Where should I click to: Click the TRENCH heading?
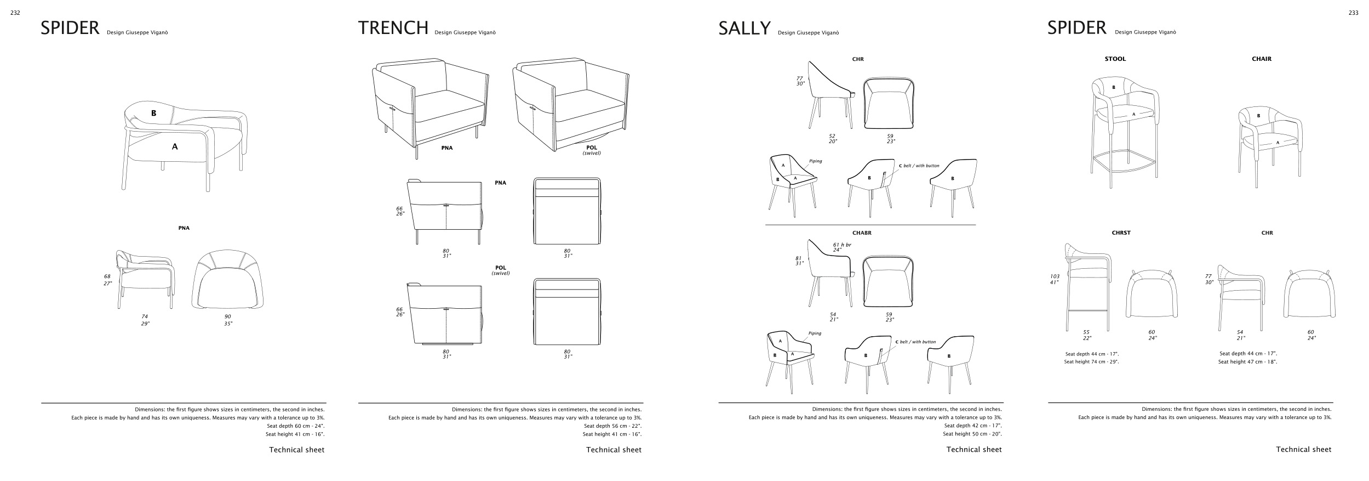click(x=393, y=27)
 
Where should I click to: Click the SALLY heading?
click(x=744, y=29)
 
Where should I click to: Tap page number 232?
click(x=15, y=13)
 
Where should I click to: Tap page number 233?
click(x=1353, y=13)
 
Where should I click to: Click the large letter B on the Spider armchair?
click(x=154, y=114)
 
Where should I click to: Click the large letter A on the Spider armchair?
click(x=175, y=146)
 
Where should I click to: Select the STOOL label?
click(x=1115, y=59)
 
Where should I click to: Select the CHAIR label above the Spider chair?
click(x=1262, y=59)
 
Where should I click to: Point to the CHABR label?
click(x=862, y=233)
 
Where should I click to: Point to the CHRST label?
click(x=1121, y=233)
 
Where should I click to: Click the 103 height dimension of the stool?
click(x=1055, y=276)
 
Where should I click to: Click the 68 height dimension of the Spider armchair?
click(x=107, y=276)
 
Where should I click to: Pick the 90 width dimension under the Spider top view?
click(x=228, y=316)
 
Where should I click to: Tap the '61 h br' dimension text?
click(x=842, y=245)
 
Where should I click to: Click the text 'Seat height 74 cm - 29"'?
click(x=1092, y=362)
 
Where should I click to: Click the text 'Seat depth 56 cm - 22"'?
click(x=612, y=426)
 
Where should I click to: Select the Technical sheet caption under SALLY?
click(x=974, y=450)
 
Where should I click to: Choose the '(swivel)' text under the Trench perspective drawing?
click(x=592, y=153)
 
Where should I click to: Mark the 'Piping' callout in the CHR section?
click(x=816, y=161)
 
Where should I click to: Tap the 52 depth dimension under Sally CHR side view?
click(x=833, y=136)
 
